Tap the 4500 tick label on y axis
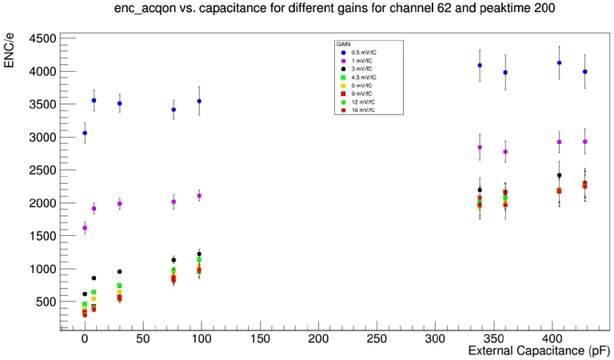click(x=39, y=38)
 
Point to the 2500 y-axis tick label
click(x=39, y=170)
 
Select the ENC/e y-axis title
click(x=10, y=50)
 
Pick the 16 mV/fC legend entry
click(x=365, y=110)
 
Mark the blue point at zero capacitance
click(x=85, y=133)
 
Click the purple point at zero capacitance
click(x=85, y=228)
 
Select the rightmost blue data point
click(x=585, y=71)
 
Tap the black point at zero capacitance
click(x=85, y=294)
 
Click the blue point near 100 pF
click(x=199, y=102)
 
